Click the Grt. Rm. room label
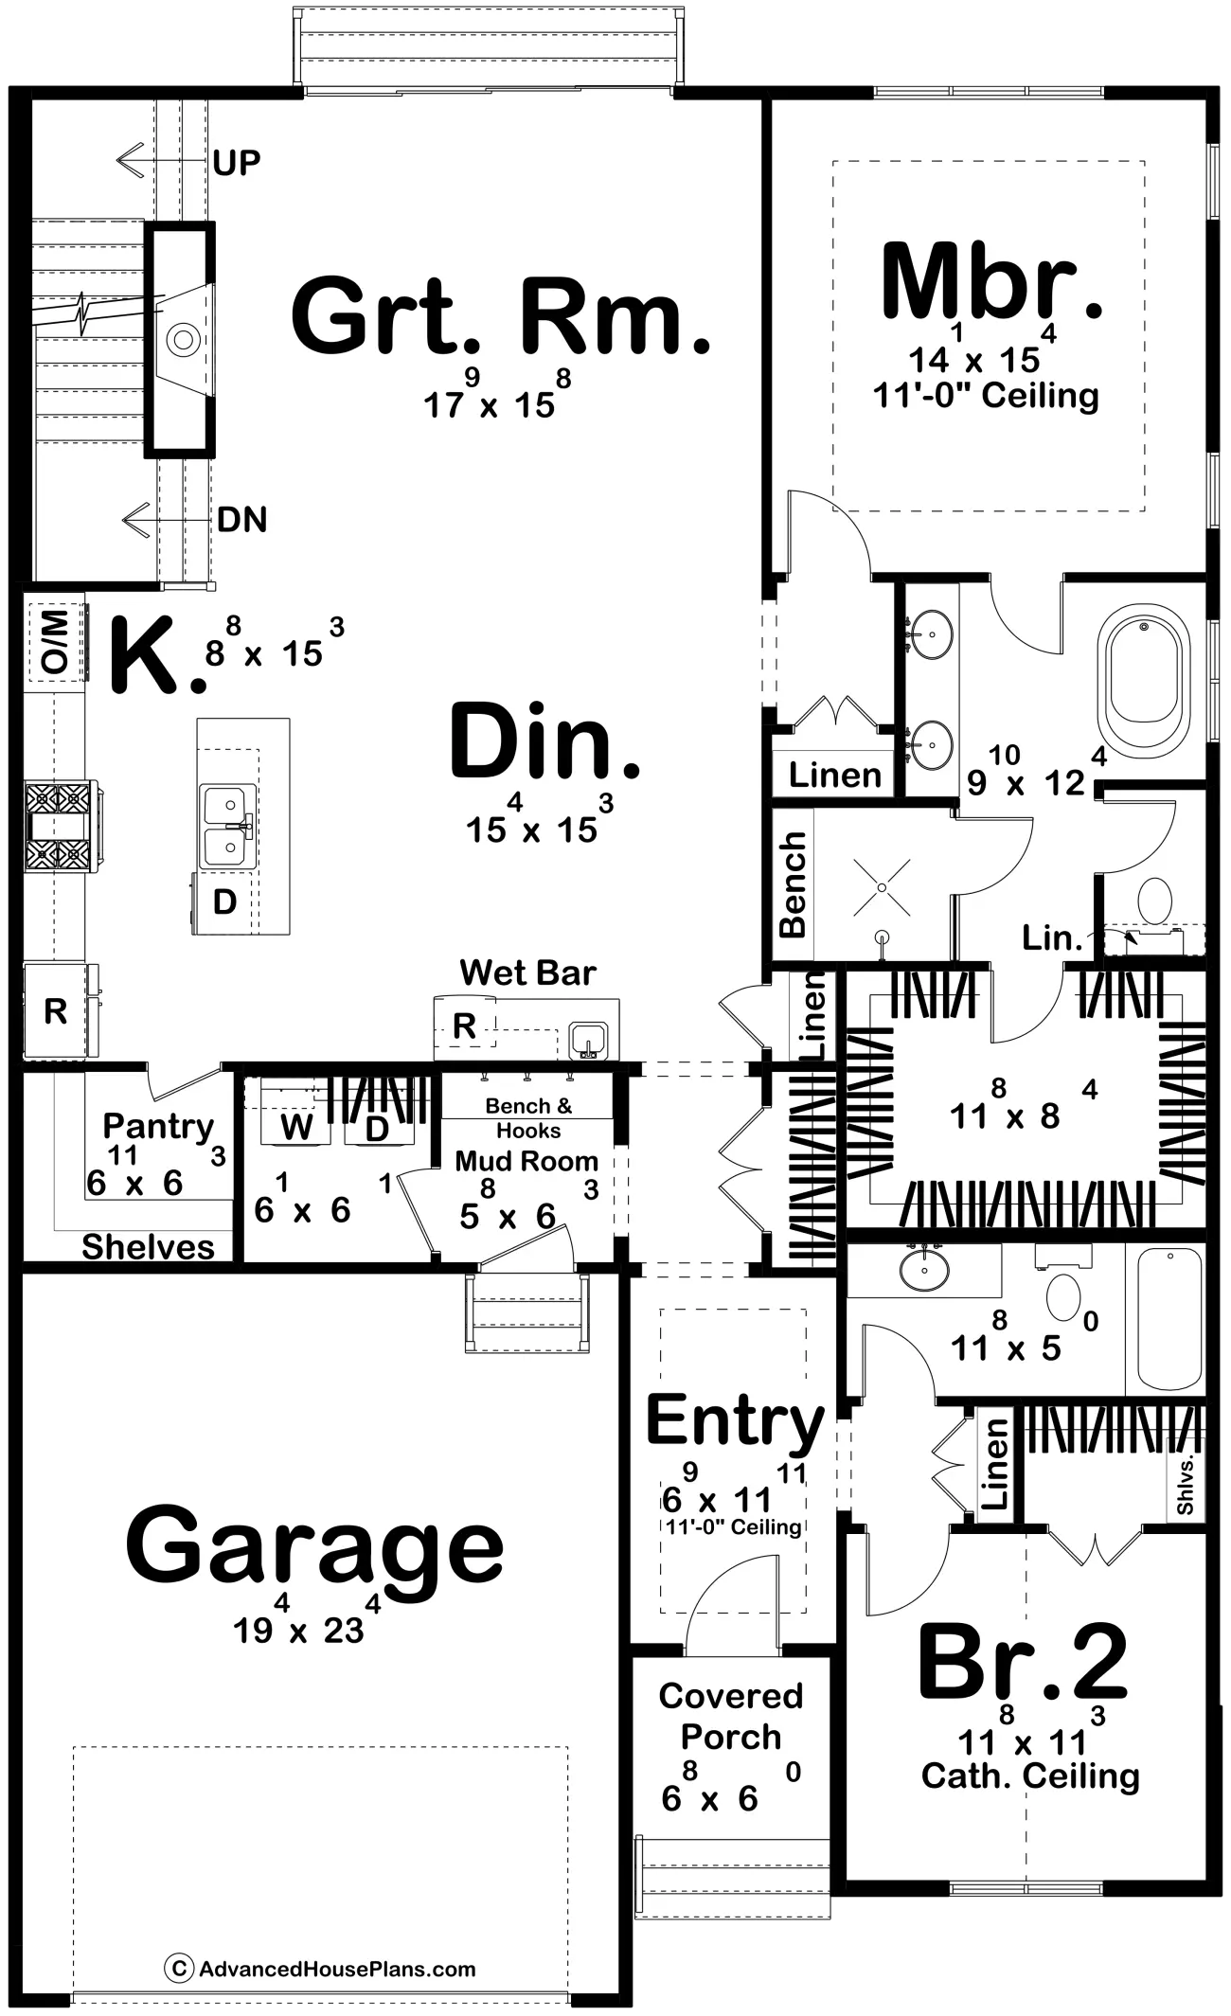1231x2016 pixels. (x=500, y=314)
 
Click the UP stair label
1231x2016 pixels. (x=237, y=163)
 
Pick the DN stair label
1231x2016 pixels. (x=242, y=519)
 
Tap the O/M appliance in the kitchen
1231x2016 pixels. (x=55, y=641)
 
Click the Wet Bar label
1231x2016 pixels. (x=527, y=972)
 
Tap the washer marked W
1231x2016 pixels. (x=296, y=1127)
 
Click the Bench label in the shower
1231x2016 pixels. (x=793, y=884)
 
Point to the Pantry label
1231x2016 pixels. (x=158, y=1126)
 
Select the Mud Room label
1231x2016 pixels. (x=526, y=1161)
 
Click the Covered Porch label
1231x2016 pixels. (x=731, y=1716)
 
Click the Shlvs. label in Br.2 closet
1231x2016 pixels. (x=1186, y=1485)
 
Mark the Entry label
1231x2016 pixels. (x=736, y=1422)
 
